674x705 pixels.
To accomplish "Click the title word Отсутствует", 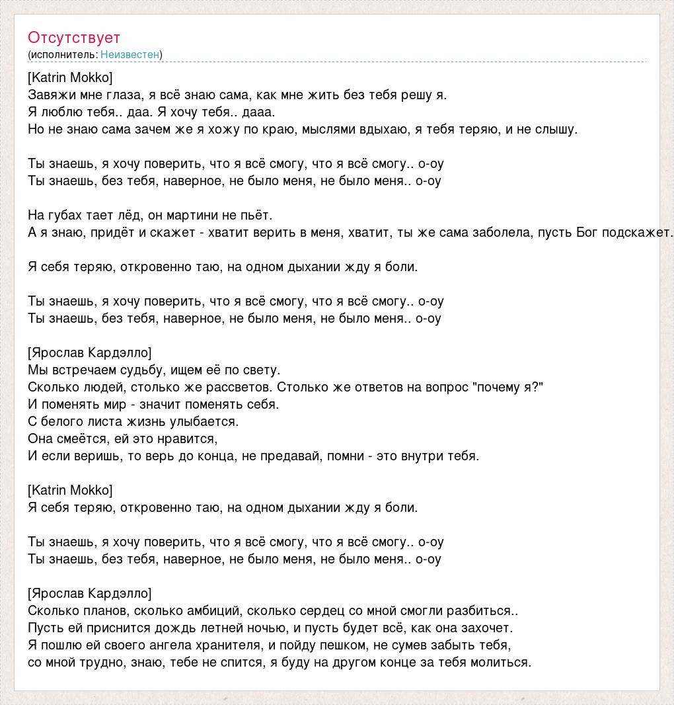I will pos(74,38).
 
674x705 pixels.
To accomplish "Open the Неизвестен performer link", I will pos(130,54).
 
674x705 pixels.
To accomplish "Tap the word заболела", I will pos(502,232).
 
